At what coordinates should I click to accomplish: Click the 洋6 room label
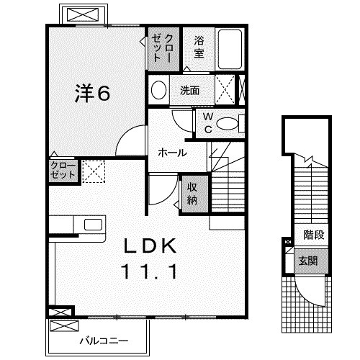click(x=94, y=94)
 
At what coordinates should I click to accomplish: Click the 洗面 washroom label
click(x=191, y=91)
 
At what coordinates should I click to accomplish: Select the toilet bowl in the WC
click(x=228, y=123)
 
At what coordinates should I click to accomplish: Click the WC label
click(x=207, y=123)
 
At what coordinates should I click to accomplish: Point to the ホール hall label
click(x=172, y=153)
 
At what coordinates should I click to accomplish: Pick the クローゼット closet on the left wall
click(x=62, y=171)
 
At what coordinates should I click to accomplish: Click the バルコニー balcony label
click(x=101, y=339)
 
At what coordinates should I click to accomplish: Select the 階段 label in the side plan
click(x=312, y=235)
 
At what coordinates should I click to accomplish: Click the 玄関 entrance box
click(x=306, y=260)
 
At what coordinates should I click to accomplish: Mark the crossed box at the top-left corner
click(x=84, y=14)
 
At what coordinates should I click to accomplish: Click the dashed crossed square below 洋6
click(x=93, y=171)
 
